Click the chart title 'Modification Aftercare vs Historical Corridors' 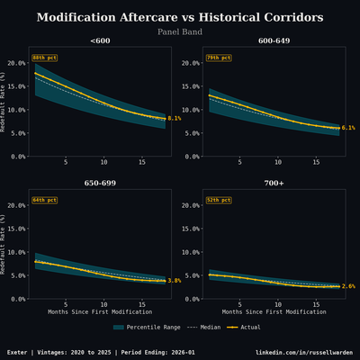pyautogui.click(x=180, y=18)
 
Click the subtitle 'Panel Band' pyautogui.click(x=180, y=31)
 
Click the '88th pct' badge pyautogui.click(x=44, y=57)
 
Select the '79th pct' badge pyautogui.click(x=219, y=57)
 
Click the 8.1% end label pyautogui.click(x=175, y=118)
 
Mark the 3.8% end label pyautogui.click(x=175, y=281)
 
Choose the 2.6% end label pyautogui.click(x=348, y=286)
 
